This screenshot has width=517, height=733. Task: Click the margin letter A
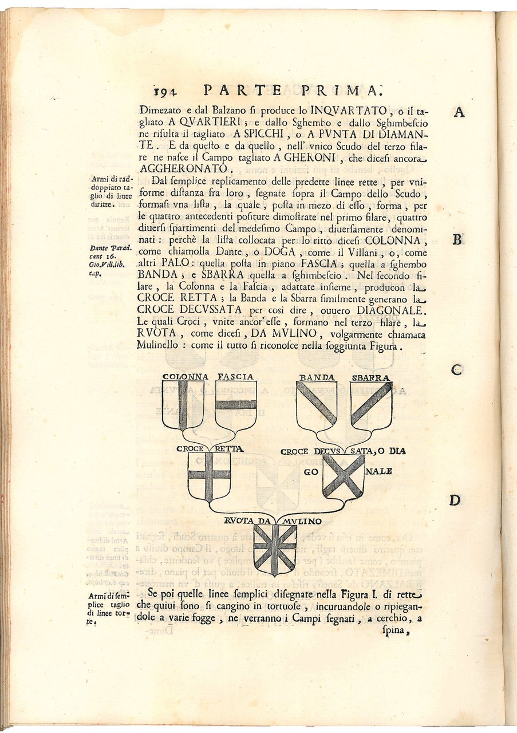[x=459, y=112]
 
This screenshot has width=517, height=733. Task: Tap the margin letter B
[x=457, y=239]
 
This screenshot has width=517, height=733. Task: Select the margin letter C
[x=456, y=370]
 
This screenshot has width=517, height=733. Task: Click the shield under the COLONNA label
[x=183, y=405]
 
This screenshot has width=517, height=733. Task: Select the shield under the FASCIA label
[x=236, y=405]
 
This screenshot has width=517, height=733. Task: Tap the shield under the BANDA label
[x=317, y=405]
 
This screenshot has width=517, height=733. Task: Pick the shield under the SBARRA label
[x=371, y=405]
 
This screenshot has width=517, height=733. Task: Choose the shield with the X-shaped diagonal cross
[x=343, y=475]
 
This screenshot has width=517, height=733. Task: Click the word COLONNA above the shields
[x=185, y=377]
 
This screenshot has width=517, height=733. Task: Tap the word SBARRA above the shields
[x=371, y=377]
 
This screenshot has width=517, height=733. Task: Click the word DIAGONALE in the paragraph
[x=389, y=310]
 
